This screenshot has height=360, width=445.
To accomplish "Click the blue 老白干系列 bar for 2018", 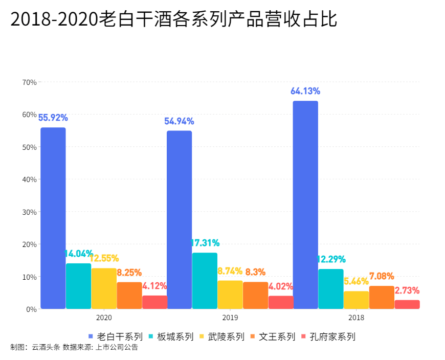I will (x=305, y=205).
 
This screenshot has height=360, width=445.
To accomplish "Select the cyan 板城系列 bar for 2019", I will (x=205, y=281).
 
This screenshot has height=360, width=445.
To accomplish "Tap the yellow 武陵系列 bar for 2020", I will (x=104, y=288).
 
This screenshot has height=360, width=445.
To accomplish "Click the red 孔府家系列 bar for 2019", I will (x=281, y=302).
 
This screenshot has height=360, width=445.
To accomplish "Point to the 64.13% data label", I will (x=305, y=92).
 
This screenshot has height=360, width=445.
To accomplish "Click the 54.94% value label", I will (x=179, y=122).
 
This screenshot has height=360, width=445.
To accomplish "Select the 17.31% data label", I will (x=205, y=243).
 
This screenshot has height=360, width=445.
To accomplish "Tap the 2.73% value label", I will (x=407, y=290).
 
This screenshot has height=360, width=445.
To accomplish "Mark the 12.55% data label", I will (x=104, y=259).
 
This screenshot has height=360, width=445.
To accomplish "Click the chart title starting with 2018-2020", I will (x=174, y=19).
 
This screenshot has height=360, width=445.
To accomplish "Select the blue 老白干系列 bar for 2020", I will (x=53, y=218).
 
